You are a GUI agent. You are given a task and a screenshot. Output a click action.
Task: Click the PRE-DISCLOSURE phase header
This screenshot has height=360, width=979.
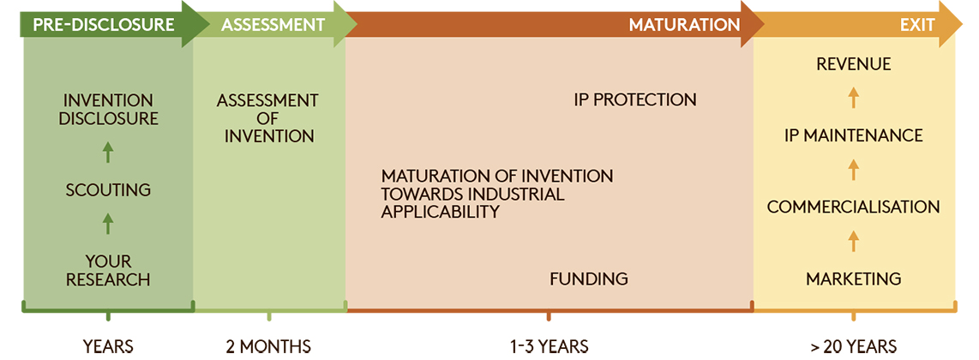104,25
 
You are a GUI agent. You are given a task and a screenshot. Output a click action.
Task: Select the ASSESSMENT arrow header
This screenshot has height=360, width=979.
273,25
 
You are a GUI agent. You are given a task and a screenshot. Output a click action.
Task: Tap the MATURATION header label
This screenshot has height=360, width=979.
684,25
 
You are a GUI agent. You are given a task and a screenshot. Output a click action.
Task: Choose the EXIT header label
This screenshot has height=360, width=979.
917,25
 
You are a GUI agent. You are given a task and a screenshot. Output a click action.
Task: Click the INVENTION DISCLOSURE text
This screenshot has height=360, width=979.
109,109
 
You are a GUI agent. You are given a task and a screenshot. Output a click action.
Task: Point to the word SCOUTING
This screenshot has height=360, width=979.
109,189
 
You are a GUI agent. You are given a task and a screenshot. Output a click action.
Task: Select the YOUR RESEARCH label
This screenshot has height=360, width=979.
109,270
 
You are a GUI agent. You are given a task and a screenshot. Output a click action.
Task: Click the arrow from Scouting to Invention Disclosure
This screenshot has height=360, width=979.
108,153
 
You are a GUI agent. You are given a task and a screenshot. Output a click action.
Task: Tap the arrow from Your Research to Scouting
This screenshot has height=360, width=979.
108,224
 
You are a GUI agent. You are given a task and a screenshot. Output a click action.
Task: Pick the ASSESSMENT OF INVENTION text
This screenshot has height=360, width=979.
268,118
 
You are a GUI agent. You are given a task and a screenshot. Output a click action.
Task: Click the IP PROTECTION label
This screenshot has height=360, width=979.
635,99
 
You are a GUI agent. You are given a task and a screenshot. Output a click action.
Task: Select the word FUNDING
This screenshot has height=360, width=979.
589,279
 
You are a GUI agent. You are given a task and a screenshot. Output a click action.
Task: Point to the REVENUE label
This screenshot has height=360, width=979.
854,64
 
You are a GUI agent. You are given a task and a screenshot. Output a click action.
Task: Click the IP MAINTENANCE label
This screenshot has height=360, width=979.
854,135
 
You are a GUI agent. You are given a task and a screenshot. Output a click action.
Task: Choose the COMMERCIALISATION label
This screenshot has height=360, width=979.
854,207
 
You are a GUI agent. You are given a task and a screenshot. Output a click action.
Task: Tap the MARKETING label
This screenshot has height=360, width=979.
854,279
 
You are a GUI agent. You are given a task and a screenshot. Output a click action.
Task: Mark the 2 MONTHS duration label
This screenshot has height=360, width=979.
268,346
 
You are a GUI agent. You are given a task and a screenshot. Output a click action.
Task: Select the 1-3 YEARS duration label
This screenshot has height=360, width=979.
548,346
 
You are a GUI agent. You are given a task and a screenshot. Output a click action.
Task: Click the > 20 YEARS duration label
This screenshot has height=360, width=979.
854,346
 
